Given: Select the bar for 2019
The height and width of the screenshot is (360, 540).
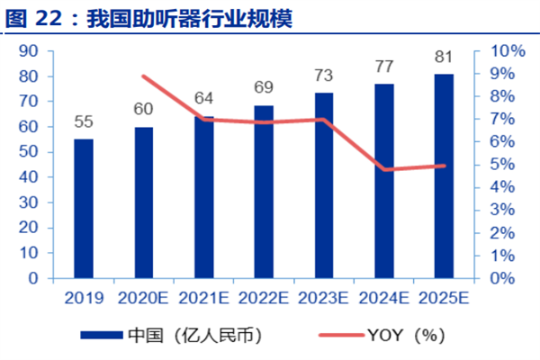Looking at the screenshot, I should [x=83, y=208].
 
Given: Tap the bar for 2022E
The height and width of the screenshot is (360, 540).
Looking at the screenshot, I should [x=264, y=192].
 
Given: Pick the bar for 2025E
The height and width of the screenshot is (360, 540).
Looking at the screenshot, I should [x=444, y=175].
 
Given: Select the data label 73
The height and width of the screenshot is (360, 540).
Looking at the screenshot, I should [x=323, y=75].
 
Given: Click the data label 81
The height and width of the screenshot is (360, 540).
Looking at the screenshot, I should [x=444, y=57].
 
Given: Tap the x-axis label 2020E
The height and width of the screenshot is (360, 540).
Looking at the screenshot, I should [x=143, y=297].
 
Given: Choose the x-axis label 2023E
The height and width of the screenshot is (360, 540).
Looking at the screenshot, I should [x=323, y=297].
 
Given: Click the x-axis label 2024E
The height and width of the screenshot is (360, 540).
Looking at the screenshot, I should [x=384, y=297].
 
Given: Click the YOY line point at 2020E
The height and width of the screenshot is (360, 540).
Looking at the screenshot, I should [x=143, y=76].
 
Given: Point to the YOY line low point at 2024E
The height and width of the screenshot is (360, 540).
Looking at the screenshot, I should [x=384, y=169].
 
